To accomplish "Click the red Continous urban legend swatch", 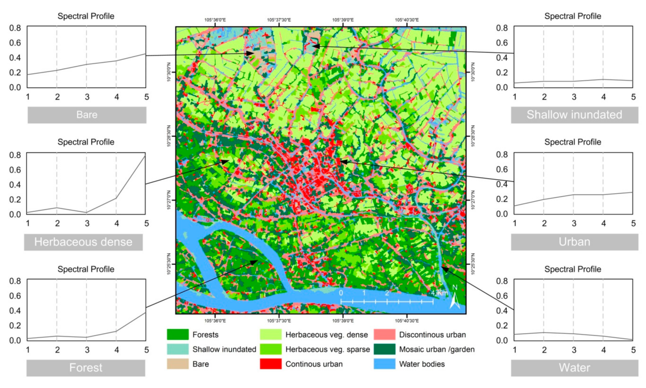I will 270,364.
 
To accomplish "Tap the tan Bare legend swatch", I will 178,364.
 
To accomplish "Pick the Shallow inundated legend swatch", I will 178,349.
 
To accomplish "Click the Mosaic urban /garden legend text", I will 437,349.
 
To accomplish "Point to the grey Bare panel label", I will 87,115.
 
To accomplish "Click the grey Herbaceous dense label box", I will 83,242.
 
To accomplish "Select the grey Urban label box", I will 574,242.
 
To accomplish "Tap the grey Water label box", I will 574,368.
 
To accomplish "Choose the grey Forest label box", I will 86,368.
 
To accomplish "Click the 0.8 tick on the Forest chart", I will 15,281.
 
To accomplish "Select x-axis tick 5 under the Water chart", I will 633,350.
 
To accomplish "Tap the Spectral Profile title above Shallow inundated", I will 573,16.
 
